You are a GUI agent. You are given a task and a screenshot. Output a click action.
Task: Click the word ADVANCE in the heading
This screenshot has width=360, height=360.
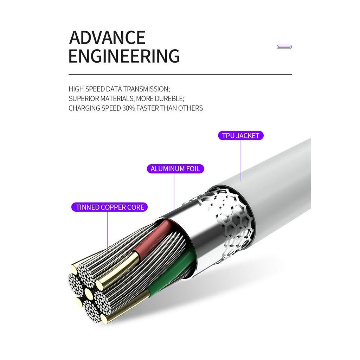click(x=107, y=38)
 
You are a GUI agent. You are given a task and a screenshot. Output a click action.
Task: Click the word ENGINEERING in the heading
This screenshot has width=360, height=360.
click(x=124, y=56)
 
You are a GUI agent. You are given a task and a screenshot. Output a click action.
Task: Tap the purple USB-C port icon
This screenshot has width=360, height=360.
click(x=284, y=47)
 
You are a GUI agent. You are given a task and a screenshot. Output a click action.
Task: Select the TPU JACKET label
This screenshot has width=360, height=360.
click(x=240, y=136)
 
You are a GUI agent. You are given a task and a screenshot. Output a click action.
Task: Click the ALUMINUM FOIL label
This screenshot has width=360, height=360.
click(x=175, y=169)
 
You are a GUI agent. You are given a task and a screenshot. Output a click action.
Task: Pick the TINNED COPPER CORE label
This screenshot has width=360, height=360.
click(x=110, y=207)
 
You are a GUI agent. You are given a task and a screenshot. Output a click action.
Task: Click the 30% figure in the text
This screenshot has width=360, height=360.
click(x=129, y=108)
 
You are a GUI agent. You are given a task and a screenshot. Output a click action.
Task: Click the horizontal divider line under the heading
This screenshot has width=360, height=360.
click(x=180, y=75)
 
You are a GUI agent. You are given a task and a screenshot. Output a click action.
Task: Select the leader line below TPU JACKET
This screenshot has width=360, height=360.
click(x=241, y=160)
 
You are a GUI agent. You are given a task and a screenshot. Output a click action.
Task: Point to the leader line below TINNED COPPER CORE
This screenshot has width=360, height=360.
click(x=108, y=232)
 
